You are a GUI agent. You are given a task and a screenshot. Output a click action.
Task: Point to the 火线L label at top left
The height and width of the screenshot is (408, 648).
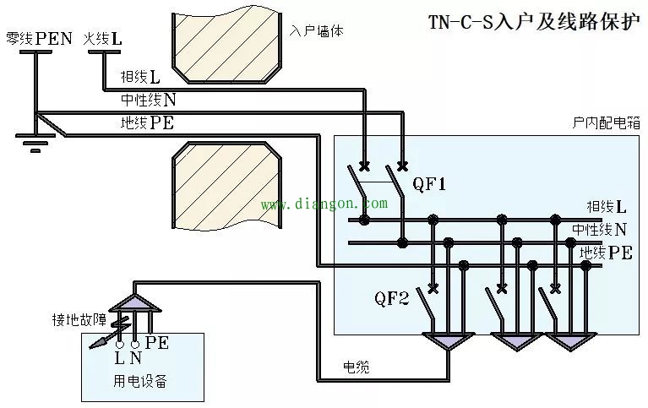tap(103, 39)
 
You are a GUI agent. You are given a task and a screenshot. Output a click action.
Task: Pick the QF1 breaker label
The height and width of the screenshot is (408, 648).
tap(428, 183)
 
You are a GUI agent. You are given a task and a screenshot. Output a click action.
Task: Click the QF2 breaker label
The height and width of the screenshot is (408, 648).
tap(392, 297)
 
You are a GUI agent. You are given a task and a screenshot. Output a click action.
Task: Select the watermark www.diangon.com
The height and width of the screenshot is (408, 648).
tap(324, 204)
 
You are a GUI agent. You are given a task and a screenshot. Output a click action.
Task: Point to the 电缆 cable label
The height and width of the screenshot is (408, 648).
tap(355, 367)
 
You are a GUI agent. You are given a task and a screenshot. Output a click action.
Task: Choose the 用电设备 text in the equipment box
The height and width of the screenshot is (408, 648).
tap(139, 381)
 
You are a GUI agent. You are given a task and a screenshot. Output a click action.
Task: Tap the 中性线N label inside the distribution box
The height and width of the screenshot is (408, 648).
tap(600, 229)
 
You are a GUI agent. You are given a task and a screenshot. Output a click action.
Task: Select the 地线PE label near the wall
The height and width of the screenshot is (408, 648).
tap(148, 123)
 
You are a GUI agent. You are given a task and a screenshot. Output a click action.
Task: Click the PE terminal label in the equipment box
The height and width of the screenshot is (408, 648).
tap(157, 343)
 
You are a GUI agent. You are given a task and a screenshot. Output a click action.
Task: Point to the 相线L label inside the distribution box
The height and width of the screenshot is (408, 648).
tap(607, 207)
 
